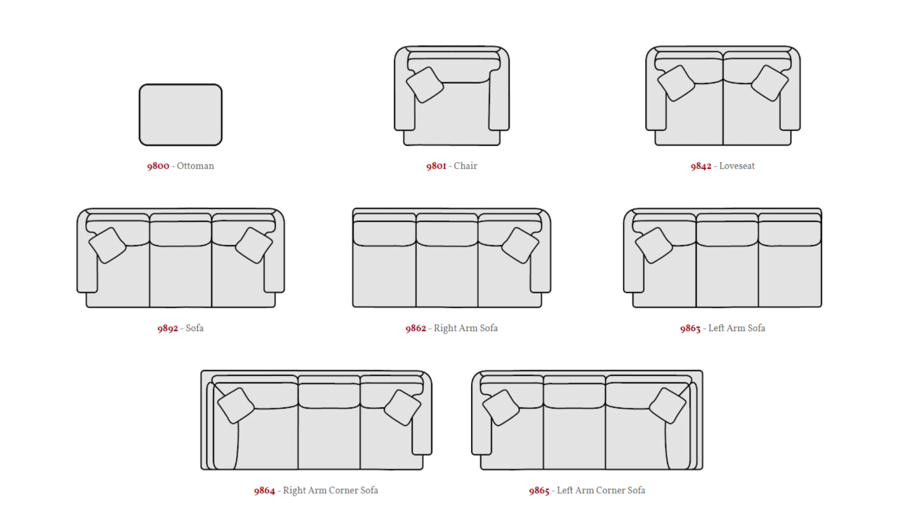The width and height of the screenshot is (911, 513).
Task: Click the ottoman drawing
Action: (180, 115)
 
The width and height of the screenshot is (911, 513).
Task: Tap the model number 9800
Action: (158, 166)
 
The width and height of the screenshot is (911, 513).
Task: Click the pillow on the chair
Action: (425, 85)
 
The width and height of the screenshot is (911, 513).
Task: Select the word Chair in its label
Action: (465, 166)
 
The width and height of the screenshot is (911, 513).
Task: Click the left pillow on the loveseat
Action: (676, 83)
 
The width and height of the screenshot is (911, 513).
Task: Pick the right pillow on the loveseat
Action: (770, 83)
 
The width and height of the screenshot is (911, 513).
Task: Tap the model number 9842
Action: (701, 166)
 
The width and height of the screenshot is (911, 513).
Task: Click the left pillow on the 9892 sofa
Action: (108, 246)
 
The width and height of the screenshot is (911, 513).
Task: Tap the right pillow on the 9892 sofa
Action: (254, 246)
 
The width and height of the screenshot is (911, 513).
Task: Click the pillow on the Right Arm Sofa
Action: (520, 246)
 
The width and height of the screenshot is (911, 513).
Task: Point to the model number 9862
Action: (416, 328)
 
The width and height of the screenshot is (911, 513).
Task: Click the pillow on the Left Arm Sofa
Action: (654, 246)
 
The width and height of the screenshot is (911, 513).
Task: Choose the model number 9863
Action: (690, 328)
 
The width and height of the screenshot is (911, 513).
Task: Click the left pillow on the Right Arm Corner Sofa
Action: (236, 406)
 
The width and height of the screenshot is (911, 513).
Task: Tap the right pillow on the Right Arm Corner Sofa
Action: (402, 408)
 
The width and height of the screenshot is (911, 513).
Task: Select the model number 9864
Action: (264, 491)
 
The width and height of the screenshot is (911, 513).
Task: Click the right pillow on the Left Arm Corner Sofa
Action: (667, 406)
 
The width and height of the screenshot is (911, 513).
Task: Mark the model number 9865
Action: (539, 491)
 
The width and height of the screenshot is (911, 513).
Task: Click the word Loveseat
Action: (737, 166)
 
